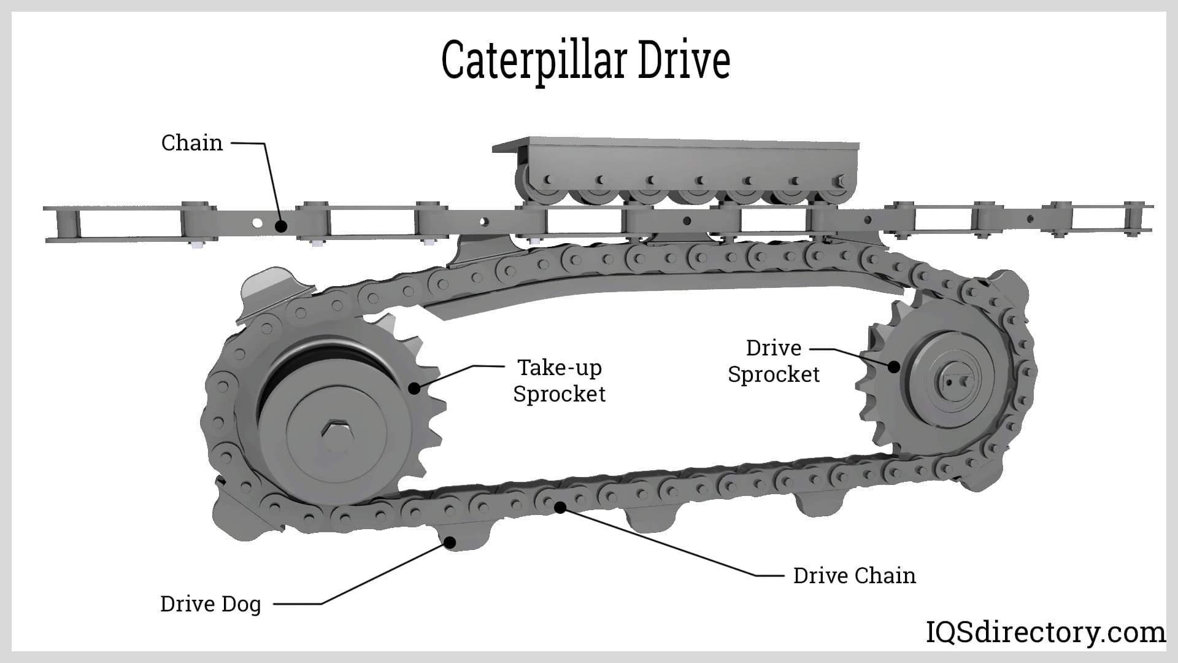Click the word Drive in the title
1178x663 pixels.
pyautogui.click(x=683, y=60)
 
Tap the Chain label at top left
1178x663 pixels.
pyautogui.click(x=191, y=142)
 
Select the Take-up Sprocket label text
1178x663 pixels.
pyautogui.click(x=559, y=381)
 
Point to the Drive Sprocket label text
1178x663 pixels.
pyautogui.click(x=774, y=361)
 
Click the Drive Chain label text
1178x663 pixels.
pyautogui.click(x=854, y=576)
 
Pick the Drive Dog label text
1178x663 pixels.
pyautogui.click(x=210, y=604)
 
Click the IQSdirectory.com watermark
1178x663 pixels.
pyautogui.click(x=1045, y=632)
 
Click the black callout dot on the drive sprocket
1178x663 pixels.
pyautogui.click(x=894, y=366)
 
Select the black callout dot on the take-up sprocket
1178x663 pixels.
pyautogui.click(x=415, y=388)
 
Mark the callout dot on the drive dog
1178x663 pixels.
pyautogui.click(x=450, y=542)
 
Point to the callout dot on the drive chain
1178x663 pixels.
pyautogui.click(x=560, y=507)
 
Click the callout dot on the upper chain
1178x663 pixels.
pyautogui.click(x=280, y=226)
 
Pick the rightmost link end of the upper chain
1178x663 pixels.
pyautogui.click(x=1134, y=219)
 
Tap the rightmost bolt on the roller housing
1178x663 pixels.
pyautogui.click(x=839, y=180)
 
